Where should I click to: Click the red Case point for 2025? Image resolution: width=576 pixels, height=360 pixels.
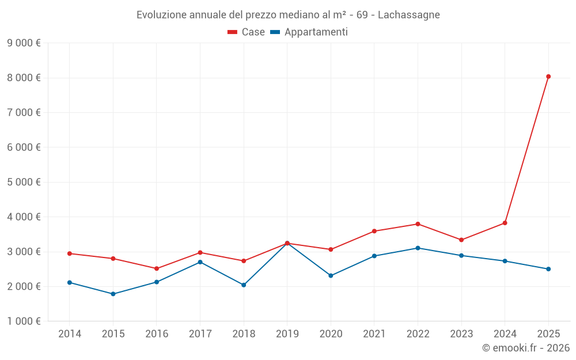pyautogui.click(x=548, y=77)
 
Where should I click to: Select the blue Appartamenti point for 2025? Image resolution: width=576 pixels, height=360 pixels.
pyautogui.click(x=548, y=269)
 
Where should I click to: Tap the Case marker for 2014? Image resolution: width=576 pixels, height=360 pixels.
pyautogui.click(x=70, y=253)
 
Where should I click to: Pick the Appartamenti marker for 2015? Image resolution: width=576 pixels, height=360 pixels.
pyautogui.click(x=113, y=294)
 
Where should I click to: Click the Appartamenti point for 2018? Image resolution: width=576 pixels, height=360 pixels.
pyautogui.click(x=244, y=285)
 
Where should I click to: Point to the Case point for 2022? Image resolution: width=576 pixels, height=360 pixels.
pyautogui.click(x=418, y=224)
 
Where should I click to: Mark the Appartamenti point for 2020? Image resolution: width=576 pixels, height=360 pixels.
pyautogui.click(x=331, y=275)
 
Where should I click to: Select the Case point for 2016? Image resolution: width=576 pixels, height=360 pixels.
pyautogui.click(x=157, y=268)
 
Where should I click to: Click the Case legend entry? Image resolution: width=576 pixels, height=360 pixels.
pyautogui.click(x=247, y=32)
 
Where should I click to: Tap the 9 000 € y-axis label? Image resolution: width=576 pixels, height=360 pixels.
pyautogui.click(x=24, y=43)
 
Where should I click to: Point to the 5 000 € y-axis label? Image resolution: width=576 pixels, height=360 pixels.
pyautogui.click(x=24, y=182)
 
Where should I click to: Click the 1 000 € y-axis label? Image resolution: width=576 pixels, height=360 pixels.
pyautogui.click(x=24, y=321)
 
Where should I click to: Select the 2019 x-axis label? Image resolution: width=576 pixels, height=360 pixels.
pyautogui.click(x=287, y=334)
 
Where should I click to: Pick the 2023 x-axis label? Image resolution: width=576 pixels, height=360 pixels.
pyautogui.click(x=461, y=334)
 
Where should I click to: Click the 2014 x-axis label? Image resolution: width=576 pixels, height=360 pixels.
pyautogui.click(x=70, y=334)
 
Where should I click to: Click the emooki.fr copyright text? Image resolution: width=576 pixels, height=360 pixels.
pyautogui.click(x=526, y=348)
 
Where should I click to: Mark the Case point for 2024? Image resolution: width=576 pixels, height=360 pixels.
pyautogui.click(x=505, y=223)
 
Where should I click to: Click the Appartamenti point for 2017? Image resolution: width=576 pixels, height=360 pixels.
pyautogui.click(x=200, y=262)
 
